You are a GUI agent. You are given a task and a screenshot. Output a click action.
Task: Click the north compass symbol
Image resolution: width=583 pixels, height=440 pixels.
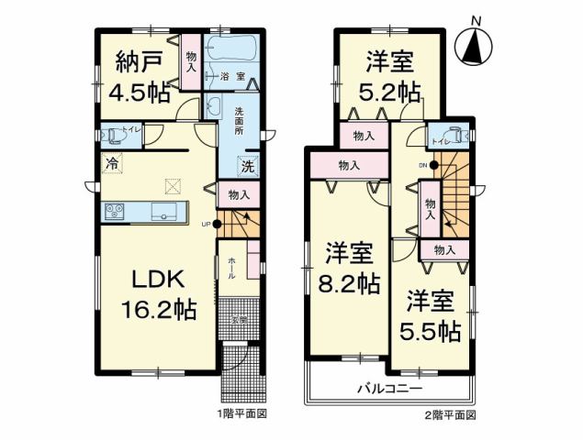point(475,44)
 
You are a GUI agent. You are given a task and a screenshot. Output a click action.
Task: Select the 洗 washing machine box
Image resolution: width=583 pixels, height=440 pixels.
point(246,167)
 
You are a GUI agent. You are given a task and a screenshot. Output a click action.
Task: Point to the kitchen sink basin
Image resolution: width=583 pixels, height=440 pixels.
point(165,213)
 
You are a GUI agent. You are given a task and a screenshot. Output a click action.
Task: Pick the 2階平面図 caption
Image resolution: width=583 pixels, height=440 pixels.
point(452,414)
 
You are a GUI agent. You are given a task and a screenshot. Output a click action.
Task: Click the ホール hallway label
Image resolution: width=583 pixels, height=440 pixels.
point(231,265)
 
